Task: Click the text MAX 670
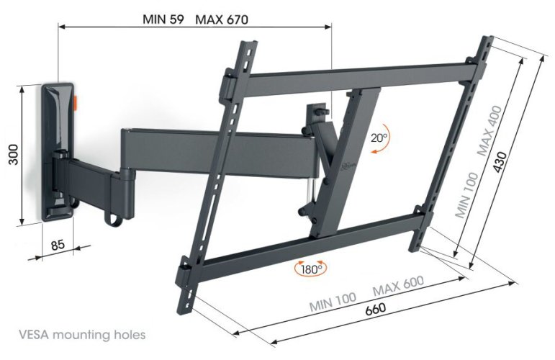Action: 222,20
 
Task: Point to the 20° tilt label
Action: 379,138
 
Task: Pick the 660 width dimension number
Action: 374,308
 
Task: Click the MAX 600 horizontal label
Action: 397,286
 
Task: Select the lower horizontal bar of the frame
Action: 302,248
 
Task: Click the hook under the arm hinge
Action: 113,215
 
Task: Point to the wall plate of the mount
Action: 58,151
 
